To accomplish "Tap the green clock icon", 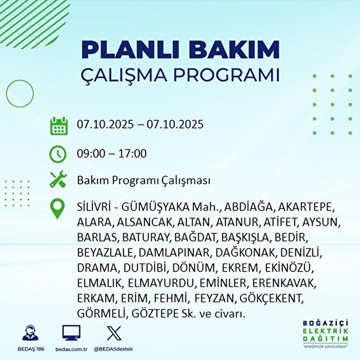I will [x=58, y=154].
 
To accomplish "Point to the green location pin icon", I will [x=58, y=209].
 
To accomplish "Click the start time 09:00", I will [x=91, y=154].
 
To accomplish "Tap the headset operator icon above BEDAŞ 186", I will [x=30, y=333].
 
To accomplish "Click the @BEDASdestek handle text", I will [x=113, y=349].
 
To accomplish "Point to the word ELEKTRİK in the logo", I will [x=325, y=331].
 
